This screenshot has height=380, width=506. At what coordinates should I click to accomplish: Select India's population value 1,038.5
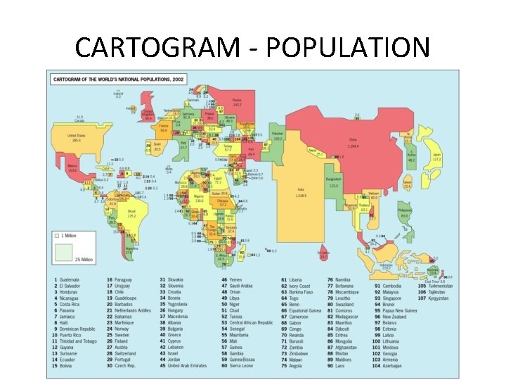pyautogui.click(x=301, y=194)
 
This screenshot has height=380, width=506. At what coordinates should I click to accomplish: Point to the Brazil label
pyautogui.click(x=131, y=210)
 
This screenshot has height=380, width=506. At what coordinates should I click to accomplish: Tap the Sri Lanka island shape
pyautogui.click(x=323, y=254)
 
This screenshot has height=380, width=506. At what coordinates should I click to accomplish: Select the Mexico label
pyautogui.click(x=72, y=167)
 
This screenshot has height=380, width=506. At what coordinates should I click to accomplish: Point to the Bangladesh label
pyautogui.click(x=333, y=179)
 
